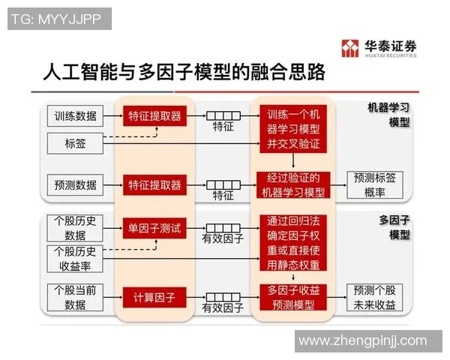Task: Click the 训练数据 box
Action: tap(76, 116)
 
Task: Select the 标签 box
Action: tap(76, 142)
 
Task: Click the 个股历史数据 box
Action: tap(76, 227)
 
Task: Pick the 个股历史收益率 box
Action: tap(76, 257)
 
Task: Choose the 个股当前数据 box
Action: tap(76, 297)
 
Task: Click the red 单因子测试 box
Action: tap(154, 227)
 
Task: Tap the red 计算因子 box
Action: tap(154, 297)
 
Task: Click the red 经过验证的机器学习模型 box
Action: tap(293, 184)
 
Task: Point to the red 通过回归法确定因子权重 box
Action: tap(293, 242)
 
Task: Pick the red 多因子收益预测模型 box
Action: tap(293, 297)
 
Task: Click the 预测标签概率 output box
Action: tap(375, 184)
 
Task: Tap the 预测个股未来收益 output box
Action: tap(375, 297)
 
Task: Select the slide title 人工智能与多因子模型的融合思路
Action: tap(184, 73)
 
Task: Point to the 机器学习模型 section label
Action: tap(388, 114)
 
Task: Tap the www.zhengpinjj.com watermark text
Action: tap(361, 341)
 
